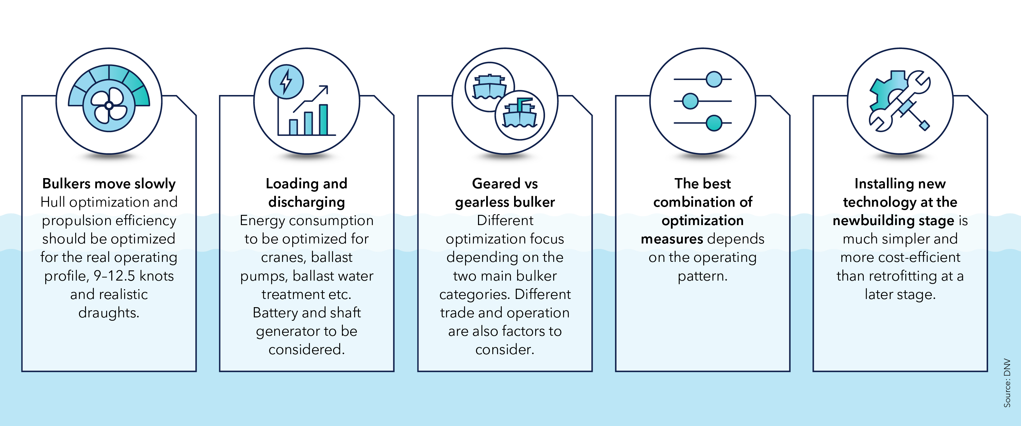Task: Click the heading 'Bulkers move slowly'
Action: tap(109, 184)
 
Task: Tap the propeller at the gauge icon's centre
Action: tap(109, 106)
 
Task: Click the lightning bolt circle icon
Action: tap(286, 82)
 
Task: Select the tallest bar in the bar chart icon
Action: tap(324, 120)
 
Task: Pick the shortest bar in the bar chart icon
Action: tap(293, 127)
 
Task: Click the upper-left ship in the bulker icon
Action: tap(490, 87)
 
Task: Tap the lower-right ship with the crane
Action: tap(520, 115)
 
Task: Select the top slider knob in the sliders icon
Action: tap(714, 79)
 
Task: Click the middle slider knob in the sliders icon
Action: tap(690, 101)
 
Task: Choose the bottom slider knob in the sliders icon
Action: tap(714, 123)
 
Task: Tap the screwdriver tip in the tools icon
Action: tap(924, 126)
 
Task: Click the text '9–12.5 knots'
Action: tap(134, 276)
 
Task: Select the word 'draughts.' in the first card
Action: tap(109, 313)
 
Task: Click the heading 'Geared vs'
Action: tap(505, 184)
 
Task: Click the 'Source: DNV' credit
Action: tap(1007, 382)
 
